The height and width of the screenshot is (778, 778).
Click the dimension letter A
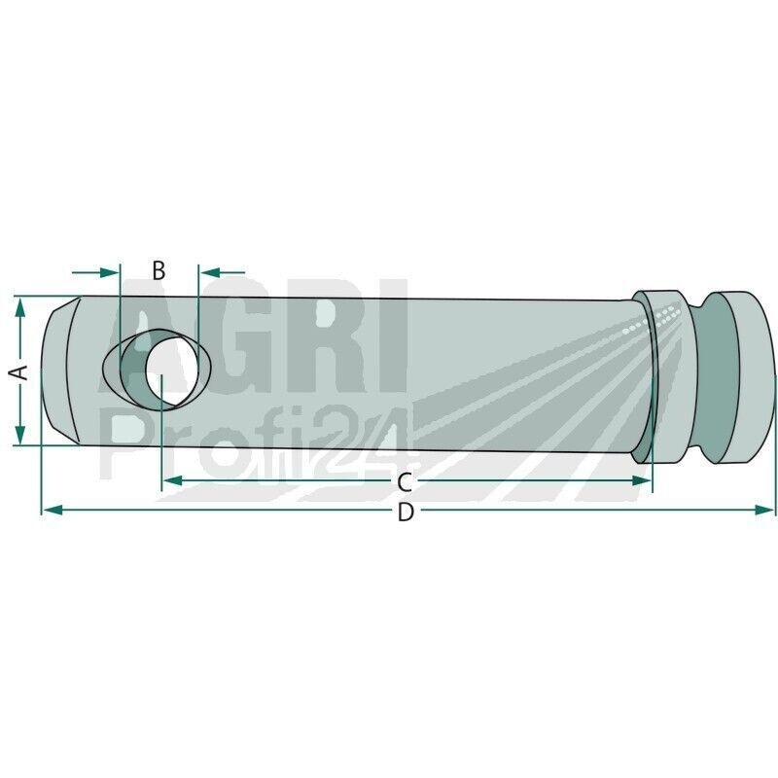point(19,371)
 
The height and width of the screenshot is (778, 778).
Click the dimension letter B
point(159,271)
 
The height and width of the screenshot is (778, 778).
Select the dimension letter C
point(405,482)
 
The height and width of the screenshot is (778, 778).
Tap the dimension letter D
point(406,512)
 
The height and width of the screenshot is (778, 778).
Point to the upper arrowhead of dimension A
point(19,306)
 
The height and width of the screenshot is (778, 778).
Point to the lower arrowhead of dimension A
point(19,435)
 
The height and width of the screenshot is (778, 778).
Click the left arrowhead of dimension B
point(110,272)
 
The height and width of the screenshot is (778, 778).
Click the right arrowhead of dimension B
point(209,272)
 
